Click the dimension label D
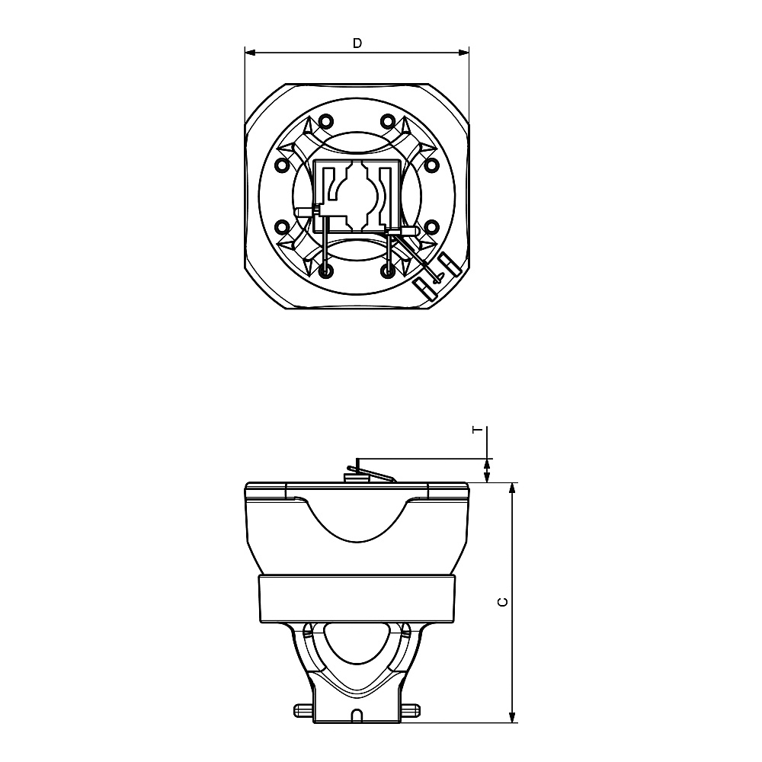357,43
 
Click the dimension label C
504,602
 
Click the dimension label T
479,430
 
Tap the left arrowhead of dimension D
250,52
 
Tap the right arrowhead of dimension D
463,52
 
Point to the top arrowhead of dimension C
512,489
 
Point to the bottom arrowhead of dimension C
512,716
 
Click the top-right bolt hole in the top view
387,120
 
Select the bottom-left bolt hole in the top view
325,271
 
